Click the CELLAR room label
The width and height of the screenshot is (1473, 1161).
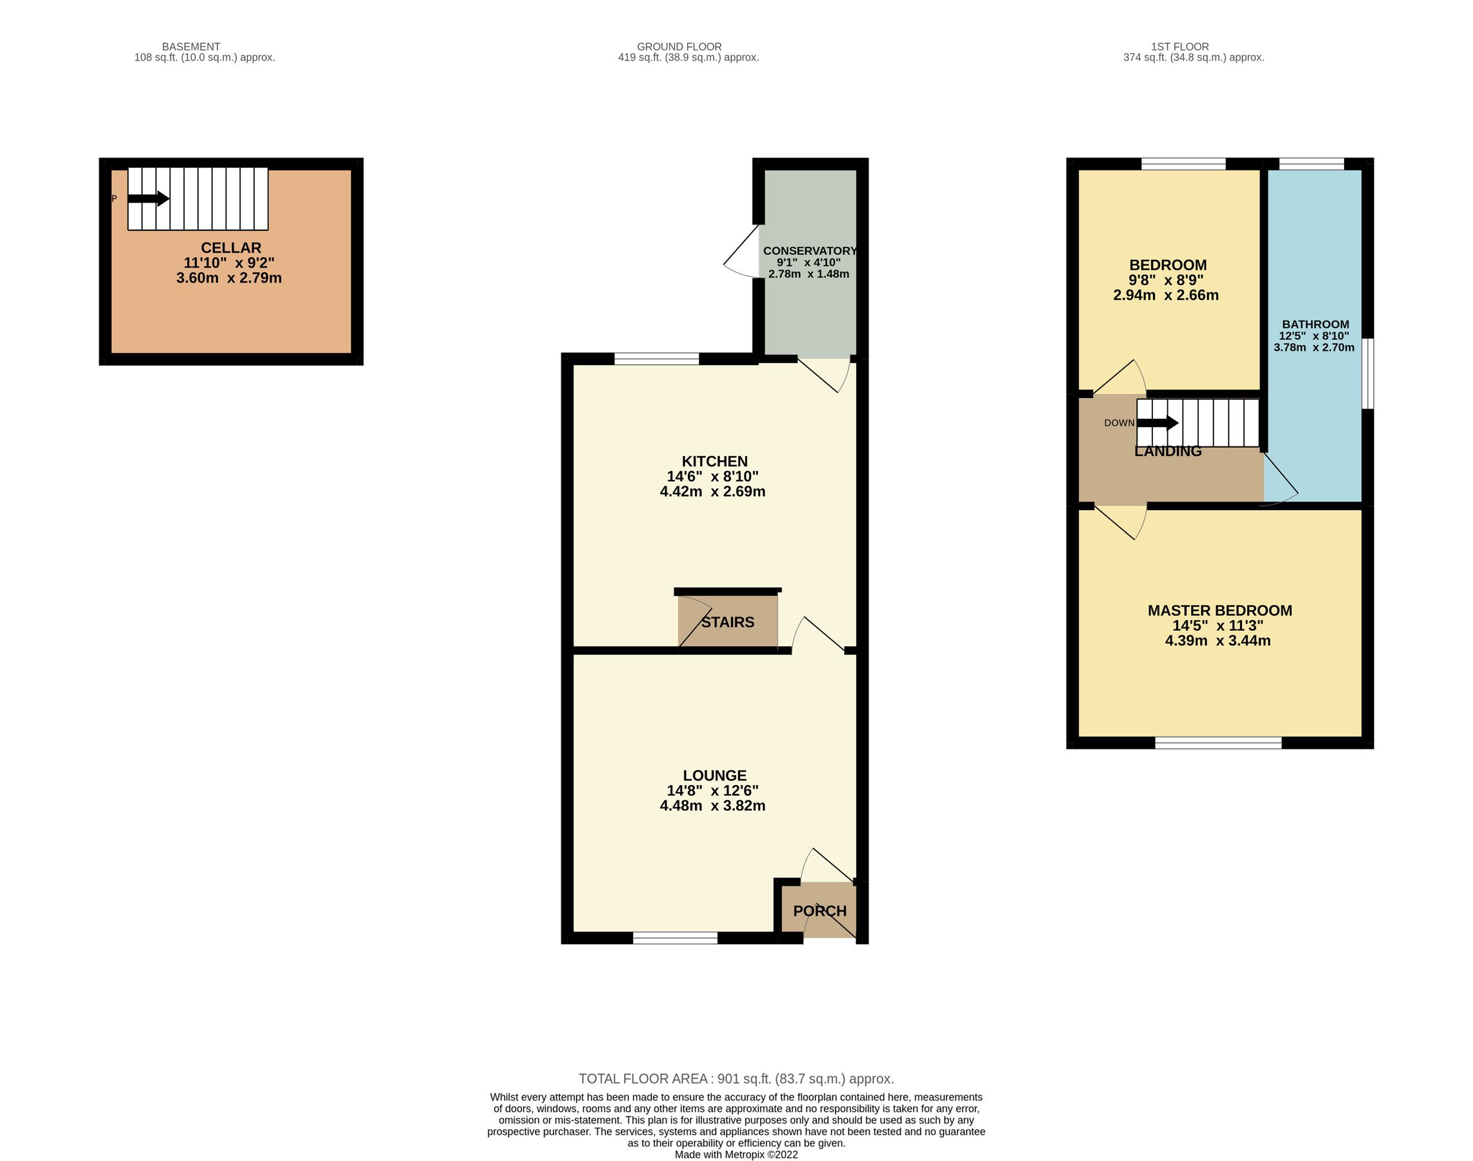click(230, 248)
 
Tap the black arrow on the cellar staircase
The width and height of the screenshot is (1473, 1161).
click(148, 199)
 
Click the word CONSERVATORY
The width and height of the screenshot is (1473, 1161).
click(809, 251)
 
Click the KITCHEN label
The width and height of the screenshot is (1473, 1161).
click(714, 462)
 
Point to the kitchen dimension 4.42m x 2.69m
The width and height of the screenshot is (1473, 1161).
click(712, 491)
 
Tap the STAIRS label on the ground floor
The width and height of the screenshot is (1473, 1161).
click(728, 622)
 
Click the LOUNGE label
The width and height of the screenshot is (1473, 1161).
click(714, 775)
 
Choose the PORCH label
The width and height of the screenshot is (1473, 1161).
click(819, 911)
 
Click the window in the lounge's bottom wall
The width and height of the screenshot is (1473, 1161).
click(675, 938)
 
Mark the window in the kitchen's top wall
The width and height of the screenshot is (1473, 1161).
click(656, 359)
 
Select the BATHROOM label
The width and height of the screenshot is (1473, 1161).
click(1315, 324)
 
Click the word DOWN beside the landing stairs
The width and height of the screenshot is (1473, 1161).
click(1119, 423)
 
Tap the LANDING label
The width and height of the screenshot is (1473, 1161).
click(1168, 451)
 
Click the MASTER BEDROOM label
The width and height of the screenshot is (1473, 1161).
click(1219, 610)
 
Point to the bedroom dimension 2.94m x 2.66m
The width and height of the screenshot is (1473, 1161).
click(1165, 295)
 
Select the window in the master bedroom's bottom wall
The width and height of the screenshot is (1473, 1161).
click(1218, 743)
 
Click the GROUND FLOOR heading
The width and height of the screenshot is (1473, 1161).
click(679, 47)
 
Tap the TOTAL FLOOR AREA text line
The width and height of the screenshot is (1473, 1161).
click(736, 1078)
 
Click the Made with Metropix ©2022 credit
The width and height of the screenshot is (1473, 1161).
click(736, 1154)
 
